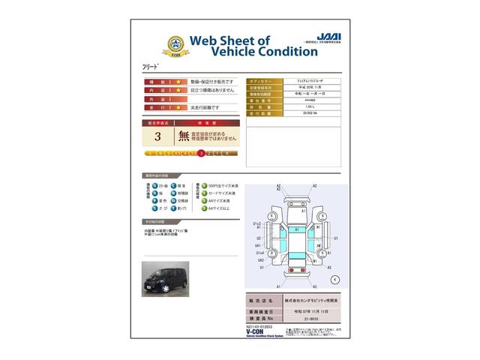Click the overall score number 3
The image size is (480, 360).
click(157, 136)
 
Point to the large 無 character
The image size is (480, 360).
click(184, 136)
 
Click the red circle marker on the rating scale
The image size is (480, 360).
click(201, 153)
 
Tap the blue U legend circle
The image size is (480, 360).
click(154, 184)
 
